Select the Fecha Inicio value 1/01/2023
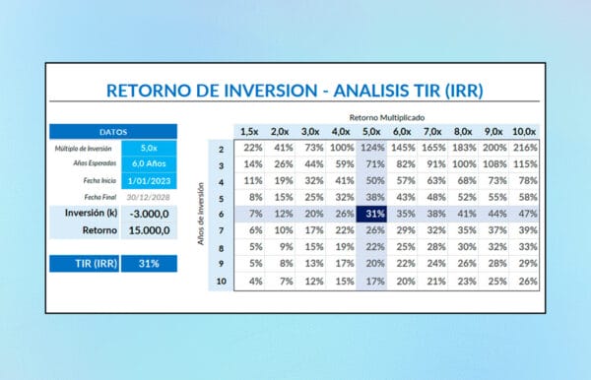[150, 180]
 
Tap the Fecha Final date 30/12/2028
[150, 196]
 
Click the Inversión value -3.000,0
[150, 214]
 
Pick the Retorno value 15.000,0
[150, 232]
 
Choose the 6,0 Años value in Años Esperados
[150, 163]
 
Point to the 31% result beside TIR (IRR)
[150, 263]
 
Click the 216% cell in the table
[526, 147]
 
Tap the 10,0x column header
[526, 131]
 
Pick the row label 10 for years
[222, 281]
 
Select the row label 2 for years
[222, 147]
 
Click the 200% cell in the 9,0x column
[495, 147]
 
